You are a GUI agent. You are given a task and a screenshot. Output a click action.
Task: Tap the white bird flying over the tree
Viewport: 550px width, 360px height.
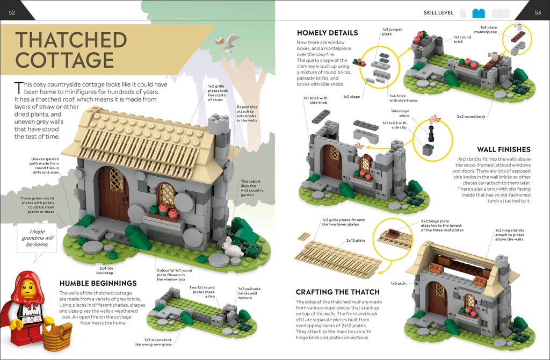point(227,44)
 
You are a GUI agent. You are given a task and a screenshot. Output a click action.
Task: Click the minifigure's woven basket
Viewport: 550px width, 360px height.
point(57,336)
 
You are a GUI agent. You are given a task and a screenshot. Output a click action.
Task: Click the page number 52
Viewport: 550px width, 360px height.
point(12,13)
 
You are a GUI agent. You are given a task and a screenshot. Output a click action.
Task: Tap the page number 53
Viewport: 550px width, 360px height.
point(538,13)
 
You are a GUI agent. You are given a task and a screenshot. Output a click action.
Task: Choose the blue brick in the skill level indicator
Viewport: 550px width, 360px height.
point(479,13)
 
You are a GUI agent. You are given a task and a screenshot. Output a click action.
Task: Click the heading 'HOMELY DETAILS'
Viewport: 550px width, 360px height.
point(327,33)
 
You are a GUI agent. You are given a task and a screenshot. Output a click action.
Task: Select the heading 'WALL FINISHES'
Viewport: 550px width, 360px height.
point(504,149)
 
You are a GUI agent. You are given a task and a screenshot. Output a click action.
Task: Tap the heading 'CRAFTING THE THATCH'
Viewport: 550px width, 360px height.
point(337,292)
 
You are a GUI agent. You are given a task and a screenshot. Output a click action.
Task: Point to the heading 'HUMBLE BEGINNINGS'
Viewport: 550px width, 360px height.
point(98,283)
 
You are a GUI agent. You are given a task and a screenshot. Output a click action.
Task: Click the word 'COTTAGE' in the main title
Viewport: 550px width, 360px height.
point(64,60)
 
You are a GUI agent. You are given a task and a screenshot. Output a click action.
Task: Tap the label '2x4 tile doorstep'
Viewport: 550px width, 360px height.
point(105,270)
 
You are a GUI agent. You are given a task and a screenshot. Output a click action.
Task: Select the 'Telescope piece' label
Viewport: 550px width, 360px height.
point(400,113)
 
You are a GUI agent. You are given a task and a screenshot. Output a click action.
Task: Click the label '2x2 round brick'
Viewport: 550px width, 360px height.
point(471,117)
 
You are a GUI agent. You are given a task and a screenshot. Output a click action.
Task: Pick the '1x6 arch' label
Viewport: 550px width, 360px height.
point(398,283)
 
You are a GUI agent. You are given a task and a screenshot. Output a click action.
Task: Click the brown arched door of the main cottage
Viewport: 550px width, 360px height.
point(114,193)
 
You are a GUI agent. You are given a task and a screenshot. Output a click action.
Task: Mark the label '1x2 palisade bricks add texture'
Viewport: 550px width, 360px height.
point(249,293)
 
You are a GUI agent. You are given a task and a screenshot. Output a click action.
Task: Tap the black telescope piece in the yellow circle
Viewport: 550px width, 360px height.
point(431,133)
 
